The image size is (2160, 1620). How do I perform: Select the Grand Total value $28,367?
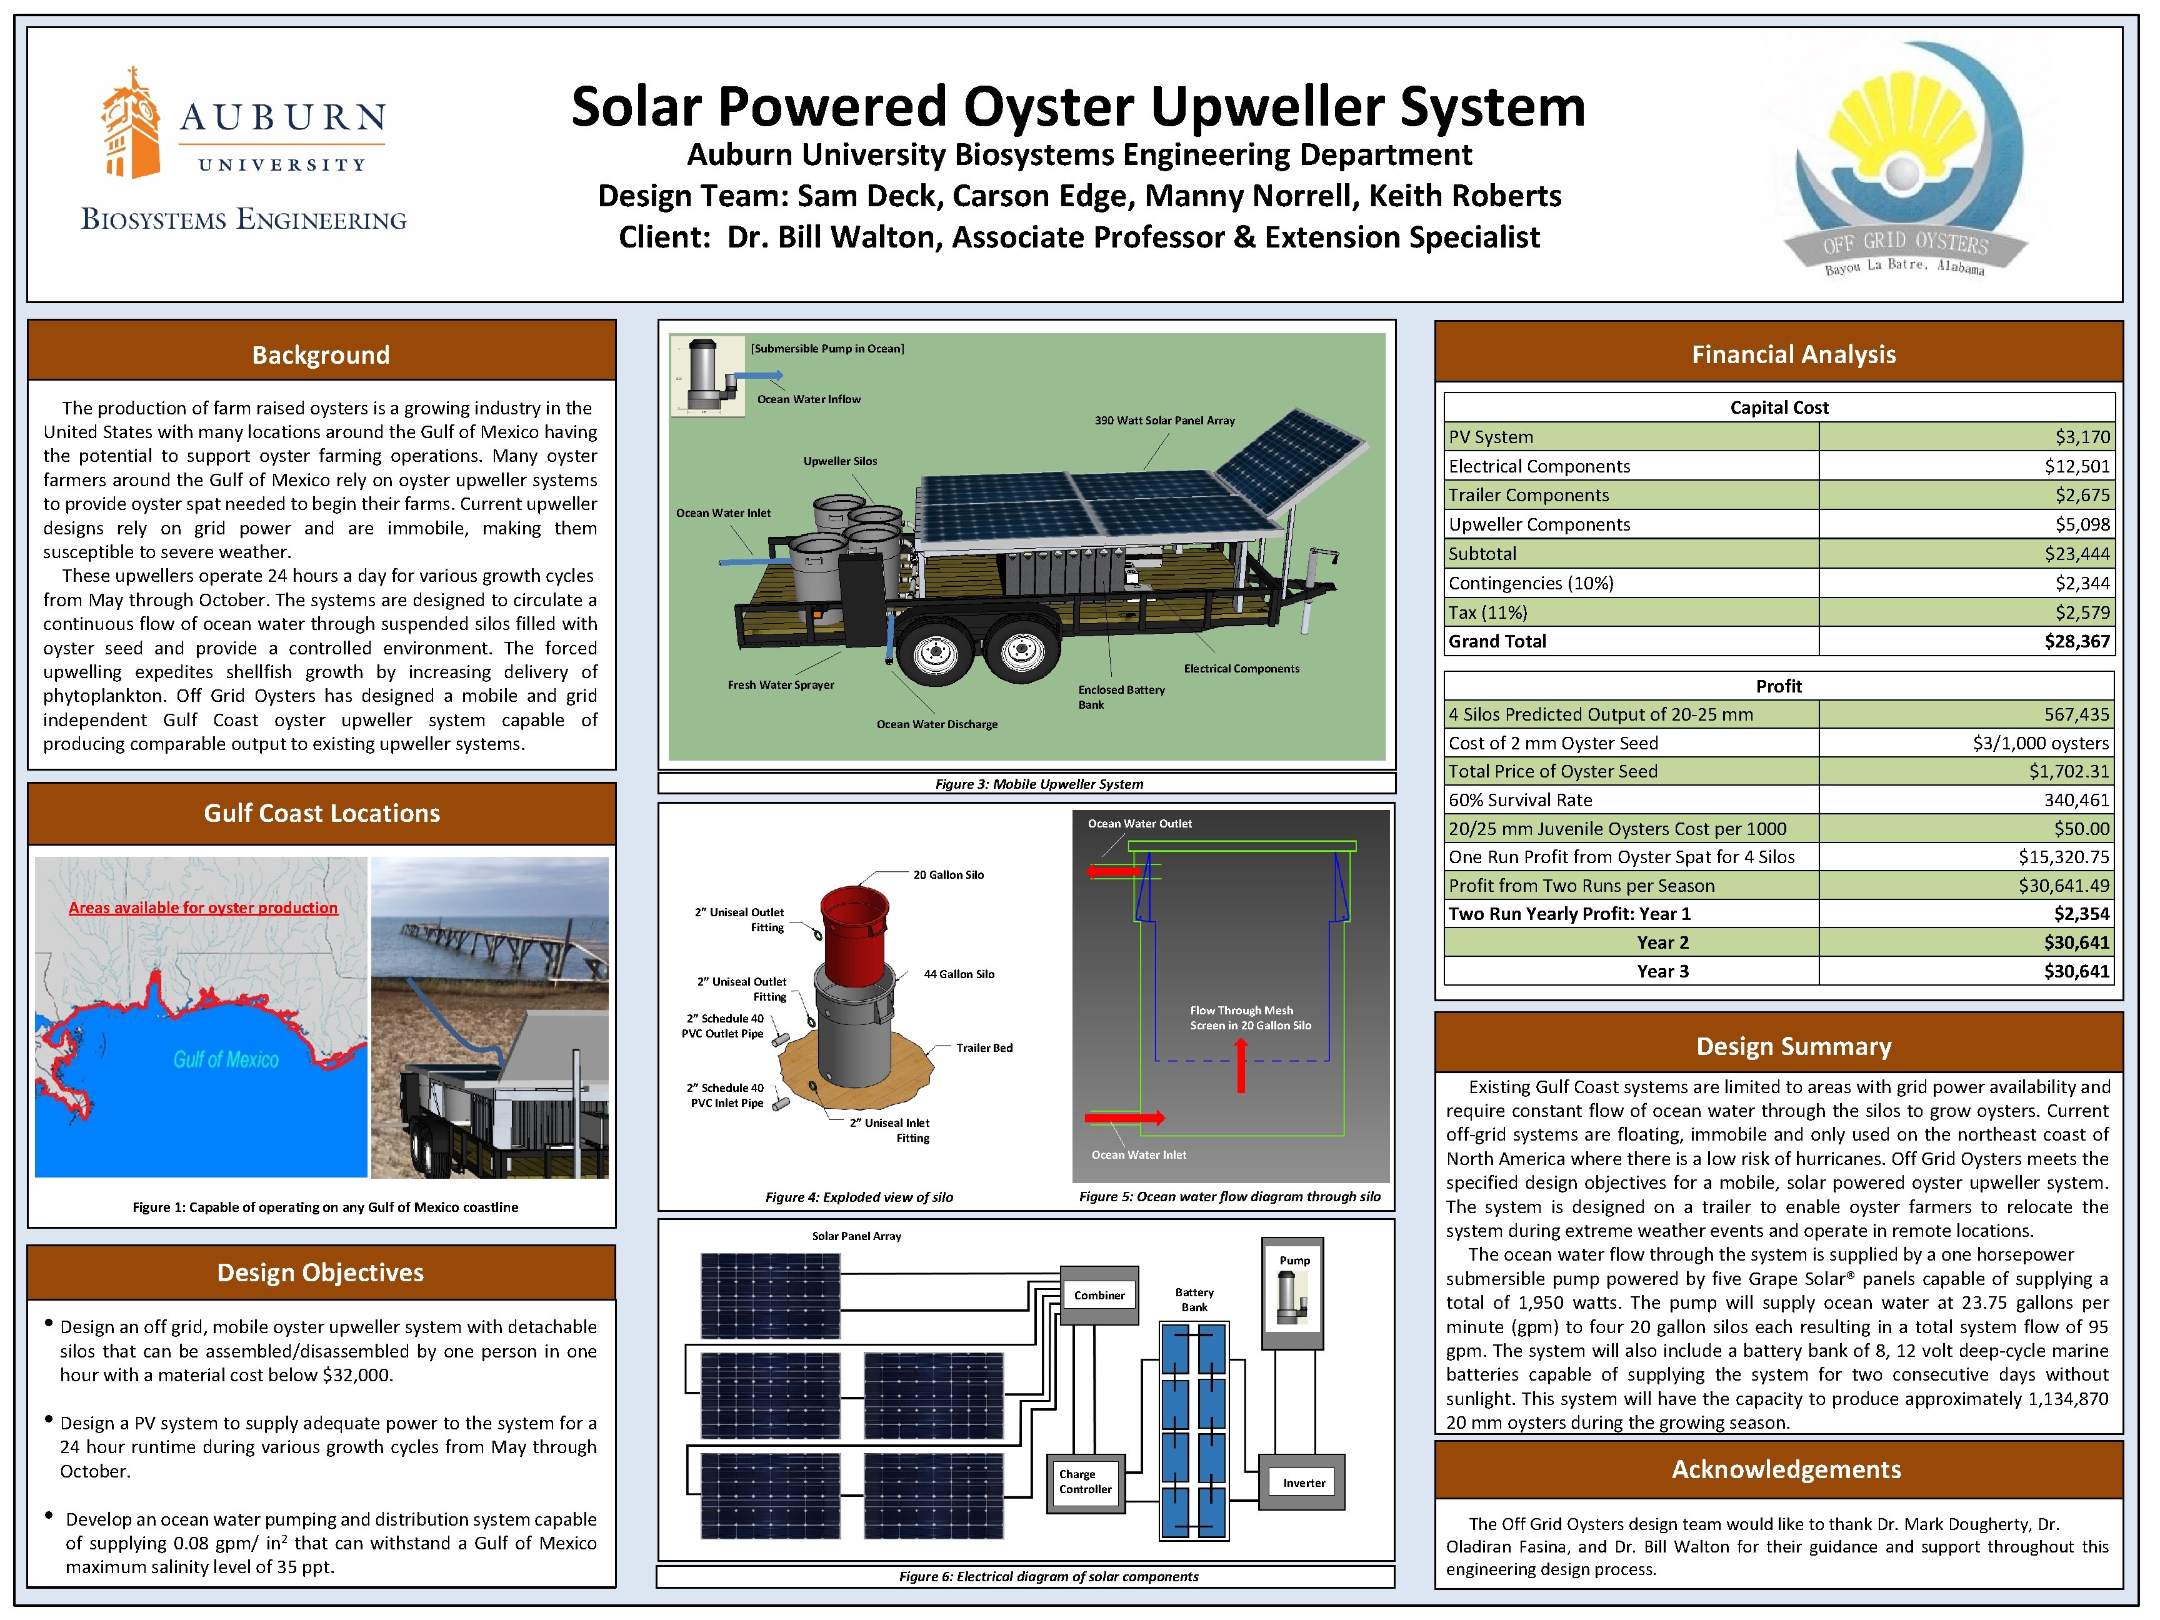(2076, 641)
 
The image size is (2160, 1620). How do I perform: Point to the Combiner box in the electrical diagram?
(1099, 1296)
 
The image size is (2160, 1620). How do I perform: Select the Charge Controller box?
(1085, 1482)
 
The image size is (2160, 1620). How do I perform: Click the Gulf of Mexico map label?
(226, 1059)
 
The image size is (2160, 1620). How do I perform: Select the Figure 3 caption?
(1038, 784)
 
